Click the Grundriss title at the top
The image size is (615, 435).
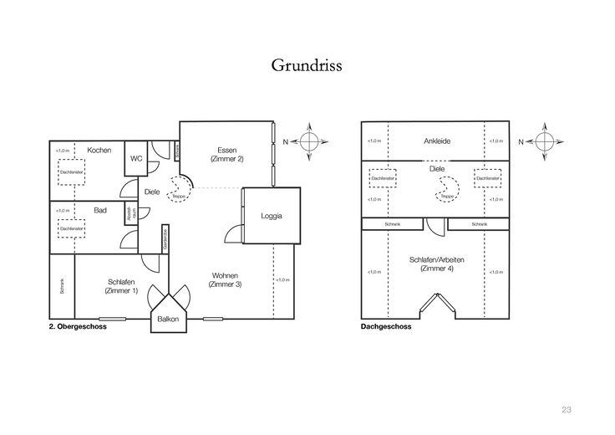307,64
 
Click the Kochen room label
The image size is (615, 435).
99,150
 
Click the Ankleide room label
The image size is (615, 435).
437,141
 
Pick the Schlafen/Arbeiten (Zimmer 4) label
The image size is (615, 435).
437,264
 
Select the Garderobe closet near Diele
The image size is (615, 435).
165,239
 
